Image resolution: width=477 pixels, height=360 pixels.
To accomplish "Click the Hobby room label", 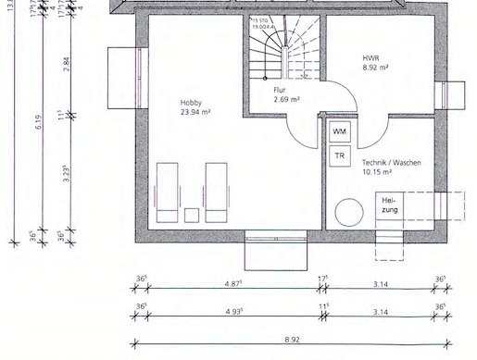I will (192, 104).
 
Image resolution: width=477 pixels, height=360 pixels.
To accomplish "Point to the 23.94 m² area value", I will (196, 113).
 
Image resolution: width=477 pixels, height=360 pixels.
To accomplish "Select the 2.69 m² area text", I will (286, 99).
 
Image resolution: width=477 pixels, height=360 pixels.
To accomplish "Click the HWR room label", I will (370, 57).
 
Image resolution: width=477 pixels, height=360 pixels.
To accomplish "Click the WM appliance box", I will (339, 132).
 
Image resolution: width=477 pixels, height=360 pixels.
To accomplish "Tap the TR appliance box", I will (339, 156).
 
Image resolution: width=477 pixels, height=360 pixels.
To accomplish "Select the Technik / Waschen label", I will (392, 162).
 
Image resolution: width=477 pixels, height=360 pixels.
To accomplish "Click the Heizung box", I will (389, 207).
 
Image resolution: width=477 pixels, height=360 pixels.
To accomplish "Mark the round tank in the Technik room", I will (348, 212).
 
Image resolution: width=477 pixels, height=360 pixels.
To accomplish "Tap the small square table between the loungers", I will (192, 216).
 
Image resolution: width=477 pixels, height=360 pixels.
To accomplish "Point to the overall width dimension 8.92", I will (291, 341).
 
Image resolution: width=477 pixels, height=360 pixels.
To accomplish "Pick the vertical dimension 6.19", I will (40, 120).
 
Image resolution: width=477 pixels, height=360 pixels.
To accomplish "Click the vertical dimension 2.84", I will (66, 63).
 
